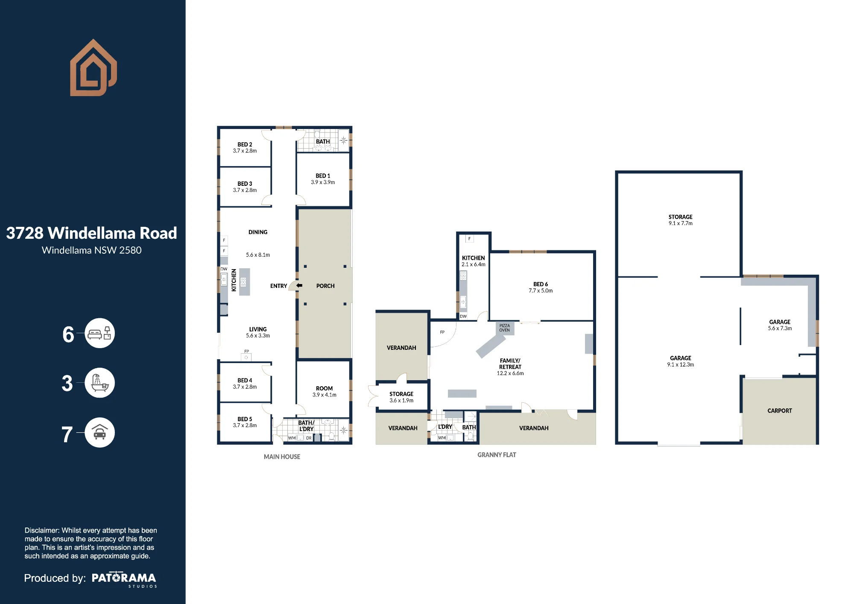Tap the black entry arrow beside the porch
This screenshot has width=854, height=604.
pyautogui.click(x=299, y=285)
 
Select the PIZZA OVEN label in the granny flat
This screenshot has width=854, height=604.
pyautogui.click(x=504, y=328)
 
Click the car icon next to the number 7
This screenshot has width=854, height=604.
pyautogui.click(x=99, y=432)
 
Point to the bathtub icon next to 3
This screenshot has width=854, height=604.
pyautogui.click(x=99, y=383)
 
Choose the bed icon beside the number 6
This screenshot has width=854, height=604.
pyautogui.click(x=99, y=333)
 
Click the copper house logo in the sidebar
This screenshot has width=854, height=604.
pyautogui.click(x=94, y=67)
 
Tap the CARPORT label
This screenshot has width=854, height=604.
pyautogui.click(x=780, y=410)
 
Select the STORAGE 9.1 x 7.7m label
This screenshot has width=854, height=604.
pyautogui.click(x=681, y=220)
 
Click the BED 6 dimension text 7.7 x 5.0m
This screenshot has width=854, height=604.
pyautogui.click(x=541, y=291)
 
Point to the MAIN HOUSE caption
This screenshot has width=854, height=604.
pyautogui.click(x=282, y=457)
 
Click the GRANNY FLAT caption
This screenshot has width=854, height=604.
pyautogui.click(x=497, y=455)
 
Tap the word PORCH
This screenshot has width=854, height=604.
pyautogui.click(x=325, y=286)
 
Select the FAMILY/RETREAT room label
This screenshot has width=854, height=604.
pyautogui.click(x=510, y=364)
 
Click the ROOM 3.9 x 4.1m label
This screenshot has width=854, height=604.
pyautogui.click(x=325, y=392)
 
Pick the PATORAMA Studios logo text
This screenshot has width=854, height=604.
pyautogui.click(x=124, y=579)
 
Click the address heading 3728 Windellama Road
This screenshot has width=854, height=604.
pyautogui.click(x=91, y=233)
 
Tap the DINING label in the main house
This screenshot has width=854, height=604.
pyautogui.click(x=258, y=232)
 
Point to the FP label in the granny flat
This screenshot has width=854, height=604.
pyautogui.click(x=442, y=332)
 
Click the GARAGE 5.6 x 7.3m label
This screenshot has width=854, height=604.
pyautogui.click(x=780, y=325)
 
